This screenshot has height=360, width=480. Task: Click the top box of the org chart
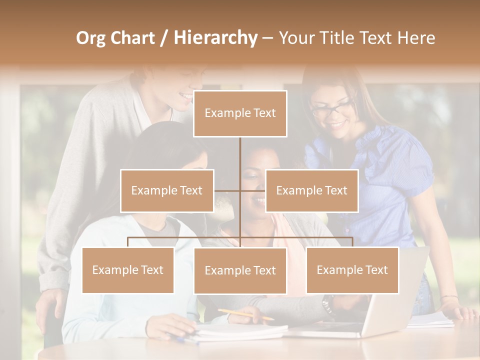coord(240,113)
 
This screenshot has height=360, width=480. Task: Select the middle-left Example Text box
coord(167,190)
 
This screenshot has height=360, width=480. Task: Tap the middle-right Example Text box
coord(311,190)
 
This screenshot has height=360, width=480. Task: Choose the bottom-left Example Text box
coord(127,270)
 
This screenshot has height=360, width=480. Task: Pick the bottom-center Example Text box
coord(240,270)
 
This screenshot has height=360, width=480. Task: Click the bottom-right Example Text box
coord(352,270)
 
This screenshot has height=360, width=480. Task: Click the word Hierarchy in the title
coord(215,38)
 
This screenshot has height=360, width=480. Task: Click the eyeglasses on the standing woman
coord(331,108)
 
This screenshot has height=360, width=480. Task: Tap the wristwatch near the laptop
coord(327,303)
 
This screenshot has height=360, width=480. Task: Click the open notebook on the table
coord(240,331)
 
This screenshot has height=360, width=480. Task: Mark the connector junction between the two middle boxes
coord(240,190)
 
